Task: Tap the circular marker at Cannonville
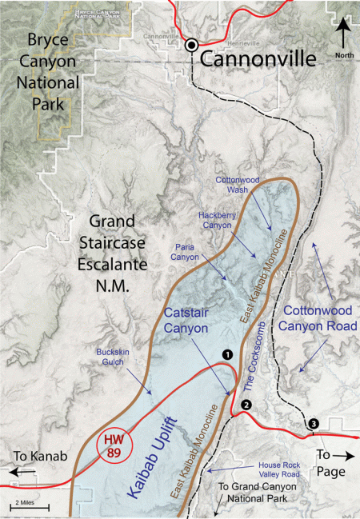(192, 46)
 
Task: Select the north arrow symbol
(342, 34)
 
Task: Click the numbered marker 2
(246, 404)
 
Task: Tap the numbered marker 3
(314, 423)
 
